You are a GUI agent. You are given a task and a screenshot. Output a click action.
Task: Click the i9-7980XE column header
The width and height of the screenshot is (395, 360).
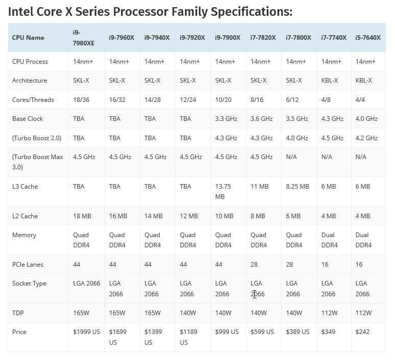85,37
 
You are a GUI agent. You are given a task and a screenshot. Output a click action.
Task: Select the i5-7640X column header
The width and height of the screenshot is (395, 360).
367,37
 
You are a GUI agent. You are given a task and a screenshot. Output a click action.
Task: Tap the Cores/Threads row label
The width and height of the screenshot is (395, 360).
33,99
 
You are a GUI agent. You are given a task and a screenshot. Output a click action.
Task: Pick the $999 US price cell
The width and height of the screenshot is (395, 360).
227,331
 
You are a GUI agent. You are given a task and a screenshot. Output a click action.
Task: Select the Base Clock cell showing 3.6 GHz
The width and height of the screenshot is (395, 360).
261,118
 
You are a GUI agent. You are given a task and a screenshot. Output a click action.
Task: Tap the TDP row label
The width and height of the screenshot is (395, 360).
18,313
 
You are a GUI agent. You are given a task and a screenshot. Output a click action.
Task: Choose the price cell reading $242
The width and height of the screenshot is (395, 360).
363,331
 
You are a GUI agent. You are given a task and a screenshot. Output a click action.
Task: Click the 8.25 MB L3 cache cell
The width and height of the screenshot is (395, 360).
297,186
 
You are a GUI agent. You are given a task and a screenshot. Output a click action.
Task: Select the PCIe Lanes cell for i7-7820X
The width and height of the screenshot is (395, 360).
254,264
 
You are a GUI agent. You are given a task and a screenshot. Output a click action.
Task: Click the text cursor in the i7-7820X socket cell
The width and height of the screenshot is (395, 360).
254,294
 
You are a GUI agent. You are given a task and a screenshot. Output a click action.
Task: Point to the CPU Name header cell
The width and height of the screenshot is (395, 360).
28,37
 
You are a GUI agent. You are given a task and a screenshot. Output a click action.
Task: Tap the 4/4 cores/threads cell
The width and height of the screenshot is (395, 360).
360,99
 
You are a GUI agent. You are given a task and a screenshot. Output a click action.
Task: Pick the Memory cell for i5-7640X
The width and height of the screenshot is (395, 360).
363,240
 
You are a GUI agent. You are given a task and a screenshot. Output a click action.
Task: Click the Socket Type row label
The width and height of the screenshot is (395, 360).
30,283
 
